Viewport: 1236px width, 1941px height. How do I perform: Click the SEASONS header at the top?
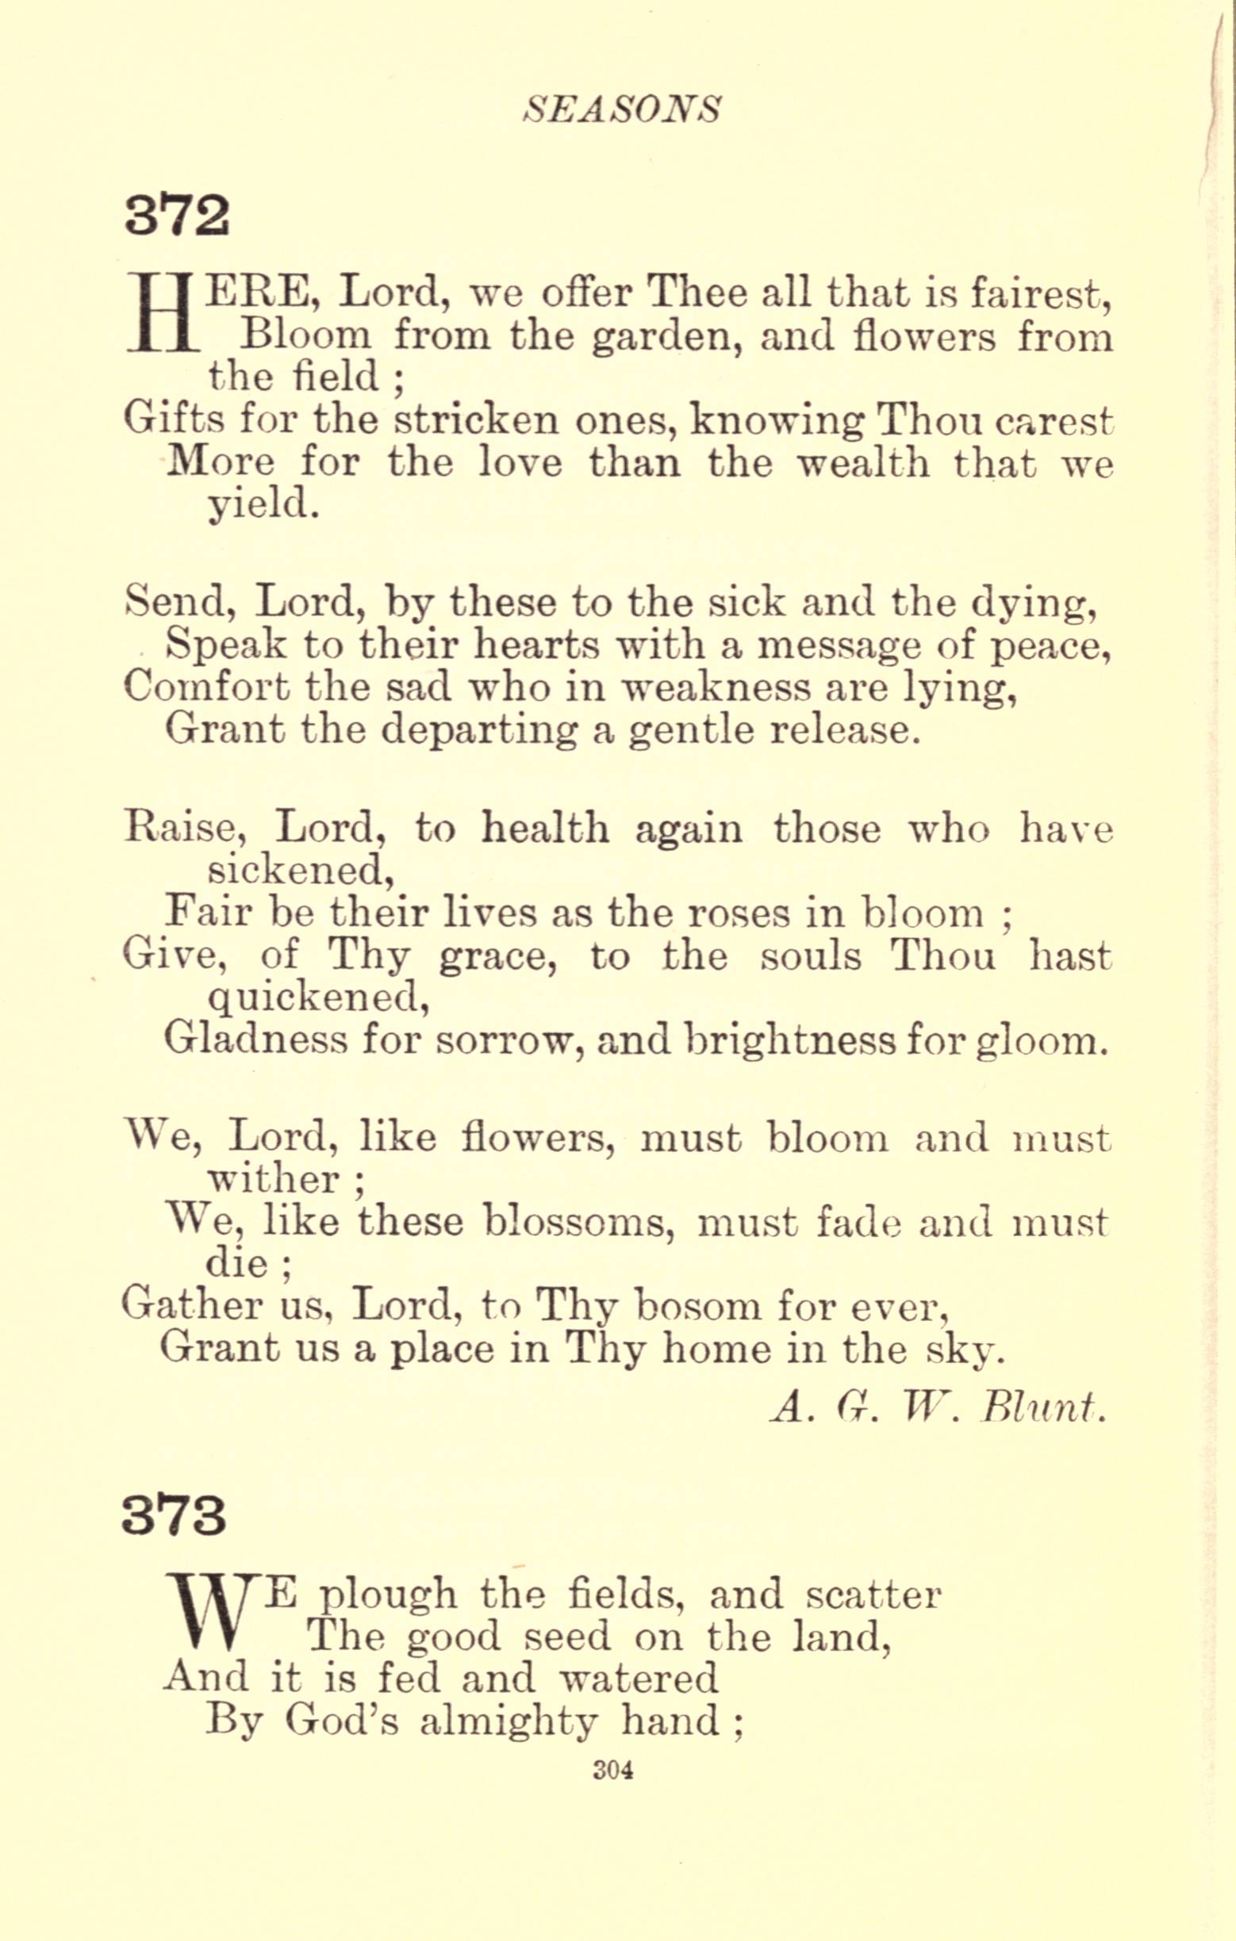tap(622, 109)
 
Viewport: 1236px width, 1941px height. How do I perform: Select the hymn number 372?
tap(178, 216)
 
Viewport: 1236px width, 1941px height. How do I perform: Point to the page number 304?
tap(612, 1770)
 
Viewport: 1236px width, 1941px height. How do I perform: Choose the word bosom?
tap(697, 1306)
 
